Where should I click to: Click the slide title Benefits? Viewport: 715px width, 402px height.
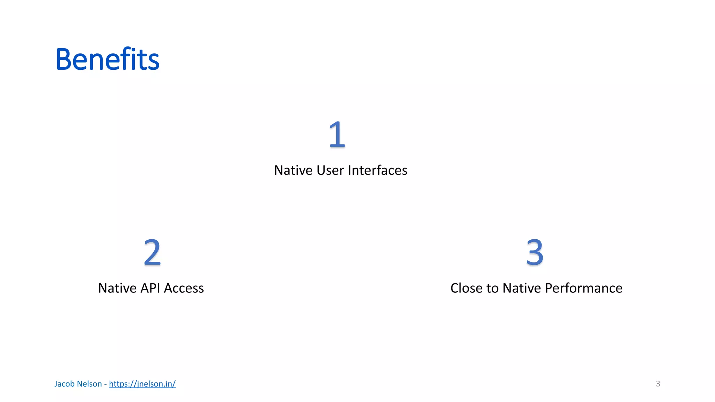(107, 59)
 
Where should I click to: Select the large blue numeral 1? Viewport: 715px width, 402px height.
(337, 135)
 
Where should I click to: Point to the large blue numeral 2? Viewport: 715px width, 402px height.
(152, 252)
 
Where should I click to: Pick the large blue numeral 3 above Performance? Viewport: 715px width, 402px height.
(535, 252)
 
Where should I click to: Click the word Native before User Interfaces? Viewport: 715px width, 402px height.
(293, 170)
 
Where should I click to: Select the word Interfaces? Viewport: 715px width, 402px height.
(377, 170)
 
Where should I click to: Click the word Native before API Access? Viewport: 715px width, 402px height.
(117, 288)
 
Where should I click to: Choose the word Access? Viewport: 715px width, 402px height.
(184, 288)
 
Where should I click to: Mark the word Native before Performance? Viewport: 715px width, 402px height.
(522, 288)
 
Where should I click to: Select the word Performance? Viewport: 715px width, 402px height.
(583, 288)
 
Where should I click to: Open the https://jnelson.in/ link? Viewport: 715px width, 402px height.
(142, 384)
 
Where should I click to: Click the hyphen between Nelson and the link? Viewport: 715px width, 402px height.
(105, 384)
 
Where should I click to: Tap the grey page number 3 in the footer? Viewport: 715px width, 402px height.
(658, 384)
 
